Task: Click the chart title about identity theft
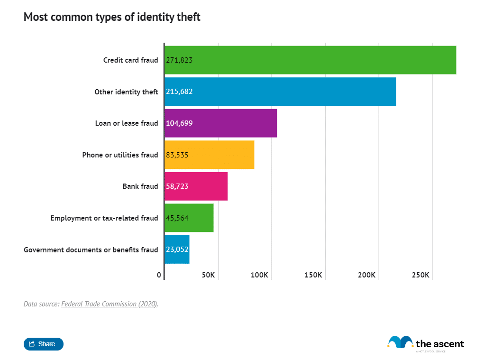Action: [x=112, y=18]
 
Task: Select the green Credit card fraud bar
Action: [x=310, y=60]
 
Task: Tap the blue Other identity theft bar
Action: [x=280, y=92]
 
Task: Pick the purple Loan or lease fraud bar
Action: [x=220, y=123]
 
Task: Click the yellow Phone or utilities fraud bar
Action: [x=209, y=155]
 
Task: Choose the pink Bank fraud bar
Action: [x=196, y=186]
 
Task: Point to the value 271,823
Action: [x=179, y=60]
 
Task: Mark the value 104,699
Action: [x=179, y=123]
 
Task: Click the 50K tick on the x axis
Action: [x=208, y=275]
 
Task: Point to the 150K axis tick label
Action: [x=313, y=275]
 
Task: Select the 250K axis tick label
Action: [x=420, y=275]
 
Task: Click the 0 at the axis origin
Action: [x=159, y=275]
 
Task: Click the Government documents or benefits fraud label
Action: [x=91, y=249]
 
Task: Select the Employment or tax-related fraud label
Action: [x=104, y=218]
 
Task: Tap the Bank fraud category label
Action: [x=140, y=186]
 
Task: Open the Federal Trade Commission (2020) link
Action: [x=109, y=304]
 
